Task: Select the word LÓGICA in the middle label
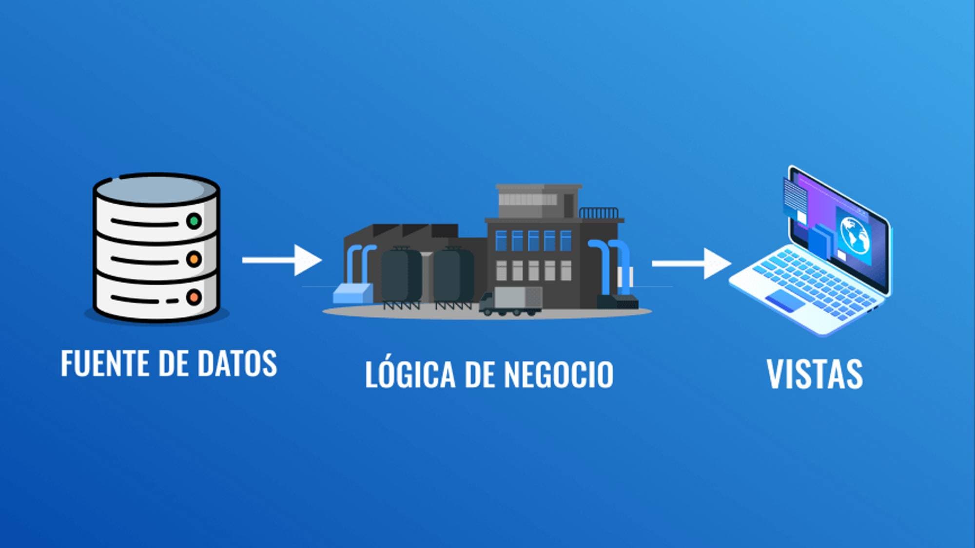(x=410, y=374)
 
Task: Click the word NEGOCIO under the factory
(x=558, y=374)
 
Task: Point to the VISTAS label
(x=815, y=374)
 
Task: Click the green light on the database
(x=194, y=221)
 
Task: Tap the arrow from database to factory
(x=282, y=260)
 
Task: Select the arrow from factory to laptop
(x=692, y=264)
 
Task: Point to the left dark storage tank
(x=401, y=276)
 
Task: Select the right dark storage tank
(x=453, y=276)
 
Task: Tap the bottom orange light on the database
(x=194, y=297)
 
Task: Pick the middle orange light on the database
(x=194, y=259)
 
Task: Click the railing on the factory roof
(x=599, y=213)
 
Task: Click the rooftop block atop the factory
(x=538, y=201)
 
